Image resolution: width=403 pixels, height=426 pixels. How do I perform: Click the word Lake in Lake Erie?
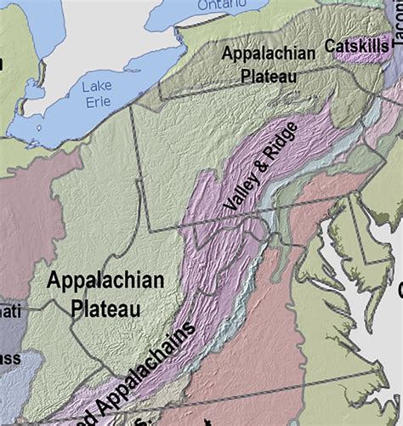click(x=97, y=86)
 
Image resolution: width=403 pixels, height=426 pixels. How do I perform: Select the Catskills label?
click(x=357, y=44)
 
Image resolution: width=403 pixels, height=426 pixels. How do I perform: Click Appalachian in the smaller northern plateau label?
click(x=269, y=54)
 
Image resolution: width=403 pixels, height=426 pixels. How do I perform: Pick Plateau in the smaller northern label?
click(x=269, y=77)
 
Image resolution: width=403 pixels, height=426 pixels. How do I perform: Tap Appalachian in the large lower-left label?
click(x=105, y=281)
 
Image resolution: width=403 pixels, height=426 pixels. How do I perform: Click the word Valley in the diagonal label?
click(x=237, y=195)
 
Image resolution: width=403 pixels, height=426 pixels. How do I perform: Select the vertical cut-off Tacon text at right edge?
click(x=396, y=26)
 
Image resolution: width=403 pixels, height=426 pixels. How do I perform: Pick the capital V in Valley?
click(x=227, y=207)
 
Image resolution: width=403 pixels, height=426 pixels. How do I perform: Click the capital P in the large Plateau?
click(x=78, y=308)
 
